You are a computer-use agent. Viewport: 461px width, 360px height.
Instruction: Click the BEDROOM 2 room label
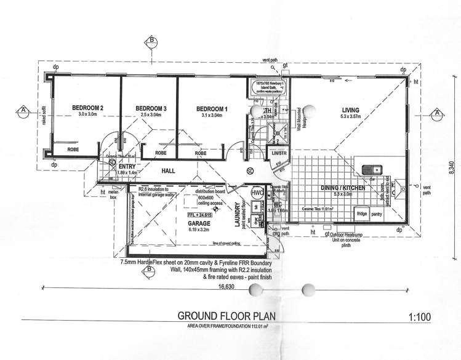[x=87, y=109]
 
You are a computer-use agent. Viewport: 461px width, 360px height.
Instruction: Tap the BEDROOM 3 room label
[x=151, y=109]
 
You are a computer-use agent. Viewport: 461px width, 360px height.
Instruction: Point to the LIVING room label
[x=351, y=111]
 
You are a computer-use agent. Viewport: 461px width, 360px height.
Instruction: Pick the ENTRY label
[x=128, y=166]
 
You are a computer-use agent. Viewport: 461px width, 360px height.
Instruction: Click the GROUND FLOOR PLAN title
[x=226, y=316]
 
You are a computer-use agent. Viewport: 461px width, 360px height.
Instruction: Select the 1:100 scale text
[x=423, y=317]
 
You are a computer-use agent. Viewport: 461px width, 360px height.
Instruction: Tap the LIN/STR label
[x=283, y=153]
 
